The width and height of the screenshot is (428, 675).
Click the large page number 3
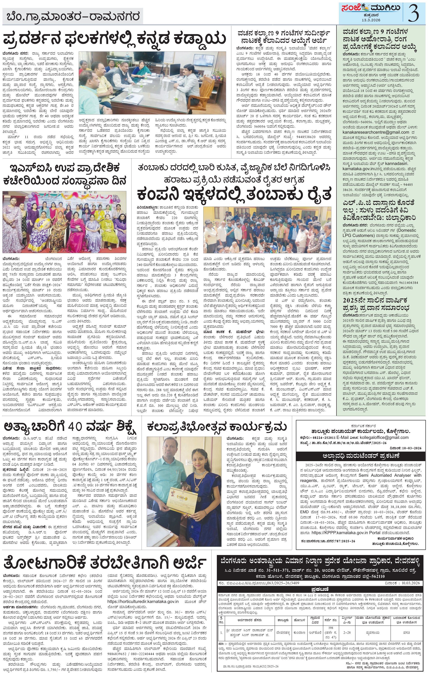tap(413, 13)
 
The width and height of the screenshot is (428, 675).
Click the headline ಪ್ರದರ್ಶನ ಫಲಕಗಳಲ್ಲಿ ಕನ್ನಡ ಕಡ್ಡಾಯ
tap(114, 39)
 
